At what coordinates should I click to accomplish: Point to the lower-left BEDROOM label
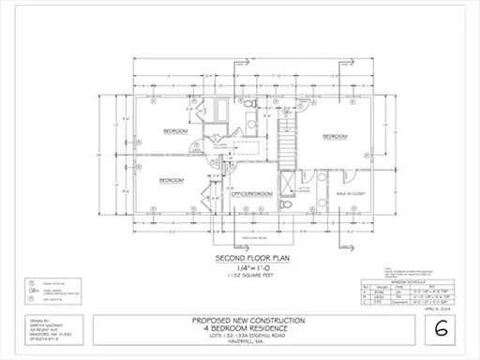(x=171, y=179)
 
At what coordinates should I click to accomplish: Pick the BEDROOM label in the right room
(x=335, y=136)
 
